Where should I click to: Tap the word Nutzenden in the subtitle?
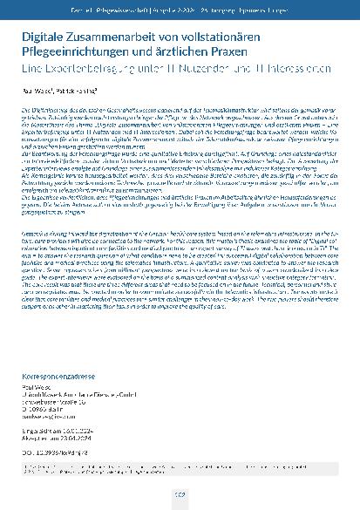211,66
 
